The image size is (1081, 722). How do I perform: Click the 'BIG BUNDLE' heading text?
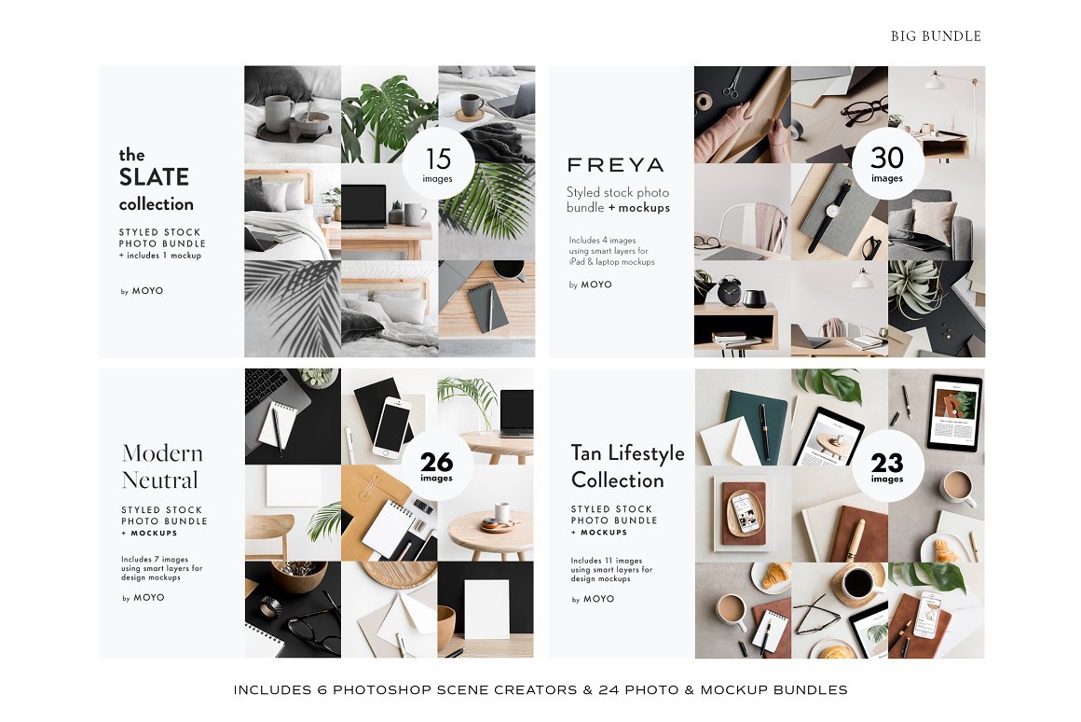[x=936, y=36]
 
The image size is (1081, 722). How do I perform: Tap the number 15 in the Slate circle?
[x=439, y=160]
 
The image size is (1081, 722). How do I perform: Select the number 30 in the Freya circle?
[x=886, y=158]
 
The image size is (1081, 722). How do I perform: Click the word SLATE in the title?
[x=154, y=177]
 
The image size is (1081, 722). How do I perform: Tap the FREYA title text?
[x=615, y=165]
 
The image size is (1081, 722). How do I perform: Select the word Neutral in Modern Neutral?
[x=160, y=479]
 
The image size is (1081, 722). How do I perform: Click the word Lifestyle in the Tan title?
[x=647, y=453]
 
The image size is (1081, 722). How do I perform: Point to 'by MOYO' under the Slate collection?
[x=142, y=291]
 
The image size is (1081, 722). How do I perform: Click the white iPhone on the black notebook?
[x=390, y=425]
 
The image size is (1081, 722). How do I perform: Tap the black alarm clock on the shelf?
[x=729, y=291]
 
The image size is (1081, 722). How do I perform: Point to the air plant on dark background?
[x=913, y=290]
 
